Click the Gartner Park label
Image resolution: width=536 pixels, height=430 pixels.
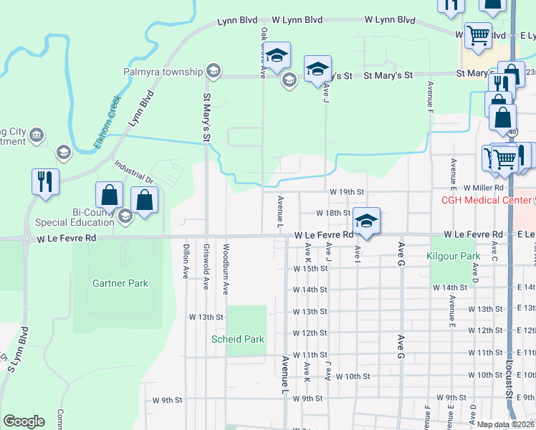click(120, 283)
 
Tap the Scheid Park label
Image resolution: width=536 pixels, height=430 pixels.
click(237, 339)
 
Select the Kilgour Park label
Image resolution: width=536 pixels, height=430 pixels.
click(452, 256)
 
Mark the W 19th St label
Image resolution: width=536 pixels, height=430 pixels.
click(347, 192)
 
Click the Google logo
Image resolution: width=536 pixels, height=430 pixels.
click(24, 421)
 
